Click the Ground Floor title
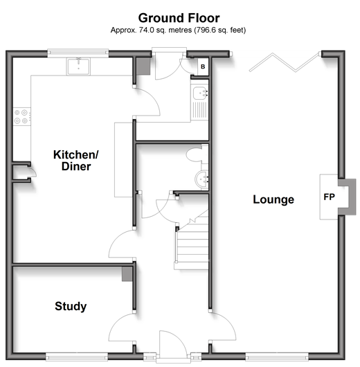[179, 18]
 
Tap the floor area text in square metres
[178, 30]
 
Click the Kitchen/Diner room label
[76, 161]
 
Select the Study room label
[71, 306]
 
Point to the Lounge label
[273, 199]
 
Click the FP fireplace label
[329, 197]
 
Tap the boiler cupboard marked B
[203, 66]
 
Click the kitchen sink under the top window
[78, 66]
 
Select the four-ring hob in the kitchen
[21, 116]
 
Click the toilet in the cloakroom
[197, 154]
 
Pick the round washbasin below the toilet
[201, 179]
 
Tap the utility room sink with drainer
[199, 102]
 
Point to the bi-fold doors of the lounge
[285, 62]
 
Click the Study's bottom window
[77, 357]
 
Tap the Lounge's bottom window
[277, 357]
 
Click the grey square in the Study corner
[127, 274]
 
